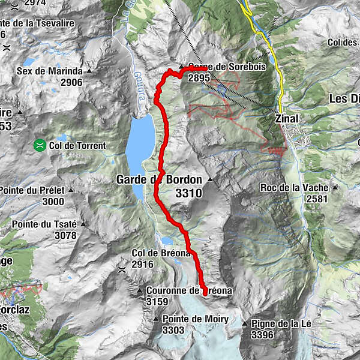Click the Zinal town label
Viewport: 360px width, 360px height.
click(286, 119)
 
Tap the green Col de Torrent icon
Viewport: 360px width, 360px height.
click(40, 145)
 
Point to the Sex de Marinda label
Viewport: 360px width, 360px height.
click(49, 71)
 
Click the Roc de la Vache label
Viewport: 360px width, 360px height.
click(294, 188)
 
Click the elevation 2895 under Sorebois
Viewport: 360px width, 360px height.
click(199, 78)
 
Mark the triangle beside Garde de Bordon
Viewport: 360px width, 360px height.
click(210, 179)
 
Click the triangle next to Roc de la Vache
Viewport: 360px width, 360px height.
click(335, 187)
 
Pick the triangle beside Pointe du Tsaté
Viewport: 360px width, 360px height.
click(83, 224)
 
